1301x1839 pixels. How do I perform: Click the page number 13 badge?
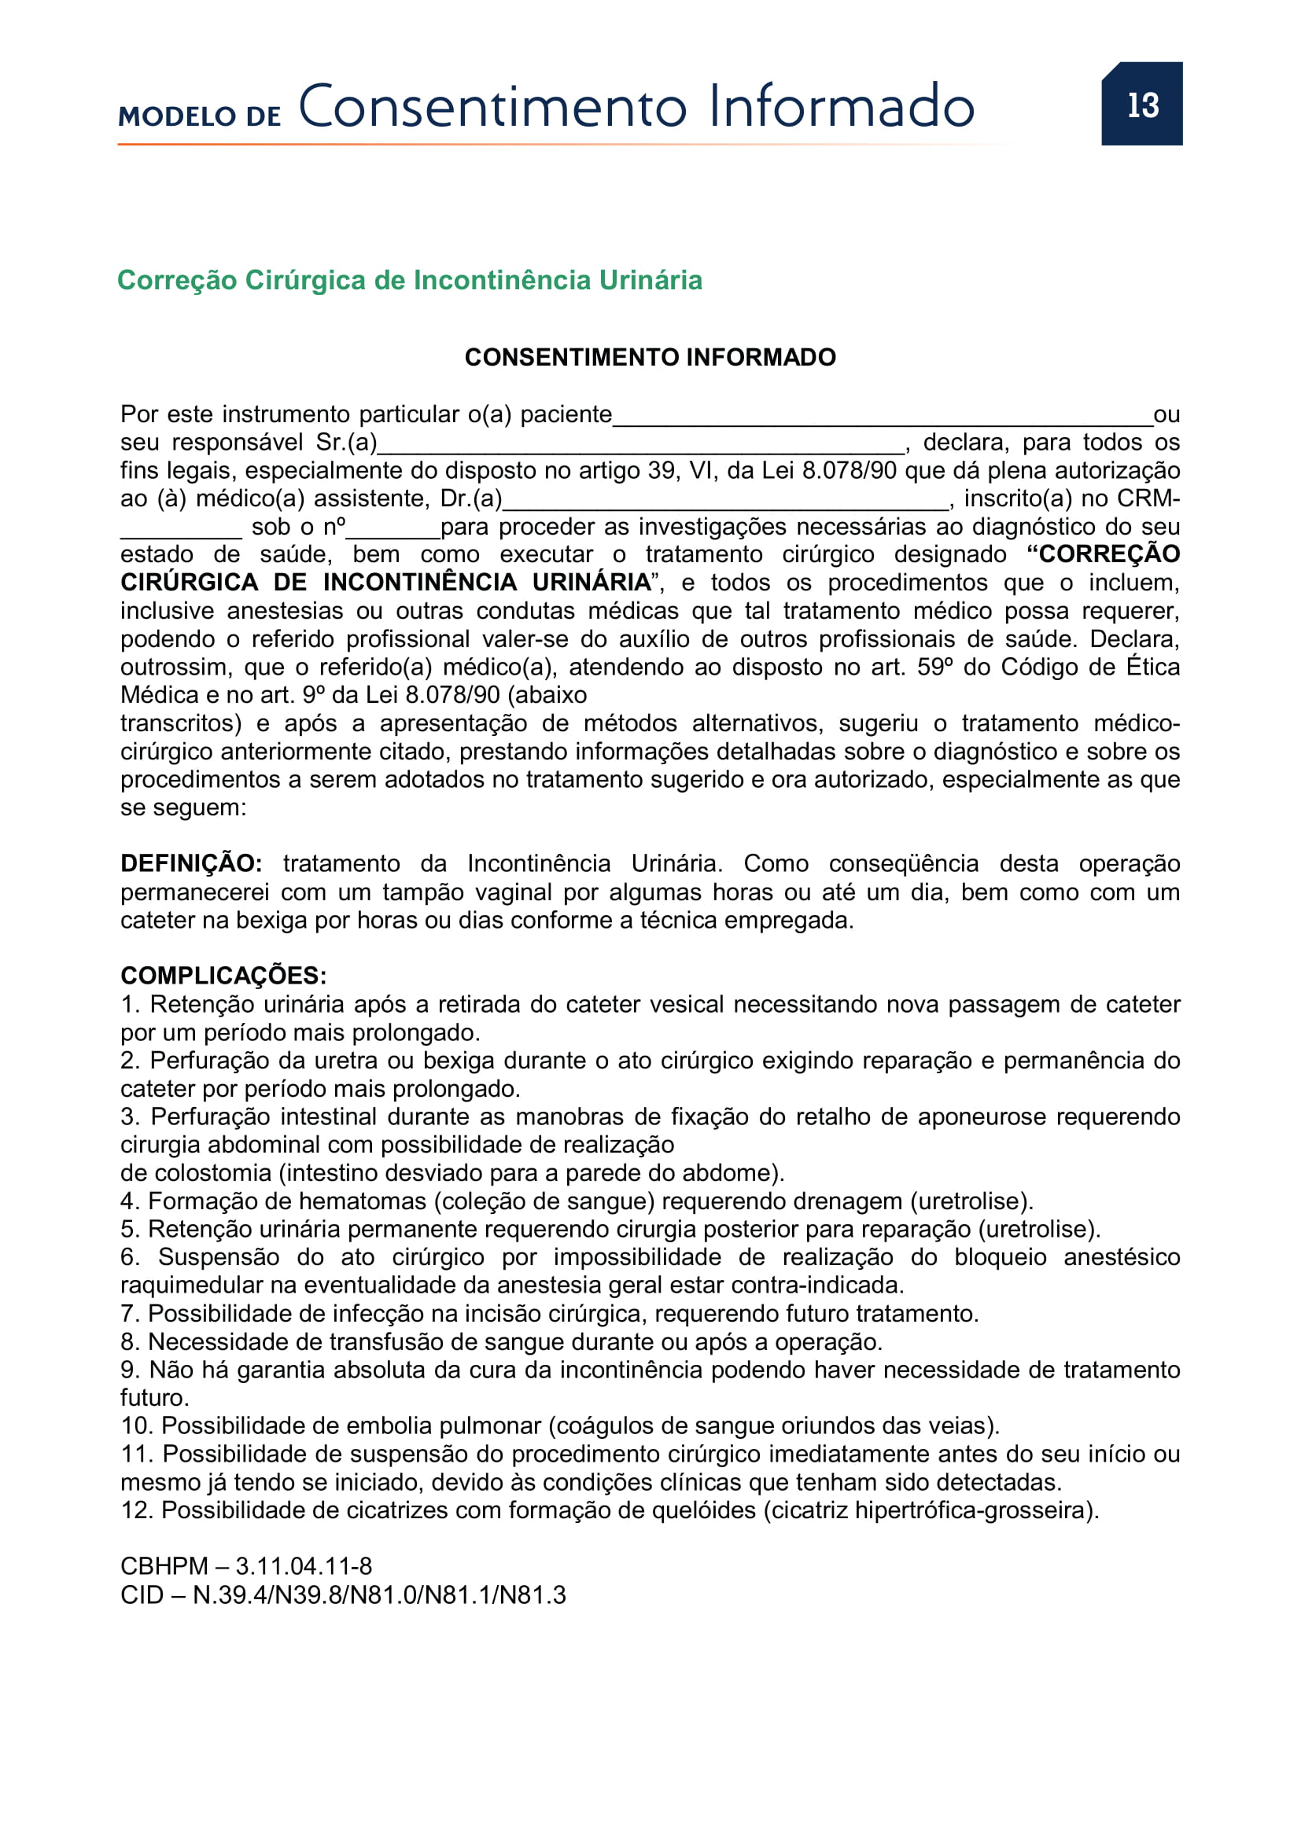tap(1141, 104)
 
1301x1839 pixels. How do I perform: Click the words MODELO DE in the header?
tap(200, 116)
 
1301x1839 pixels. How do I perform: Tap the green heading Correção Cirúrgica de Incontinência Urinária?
tap(409, 281)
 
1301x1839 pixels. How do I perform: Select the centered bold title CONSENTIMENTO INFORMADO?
tap(650, 357)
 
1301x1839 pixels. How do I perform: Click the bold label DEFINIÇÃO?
tap(190, 863)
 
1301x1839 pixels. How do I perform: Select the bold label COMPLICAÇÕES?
tap(223, 976)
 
